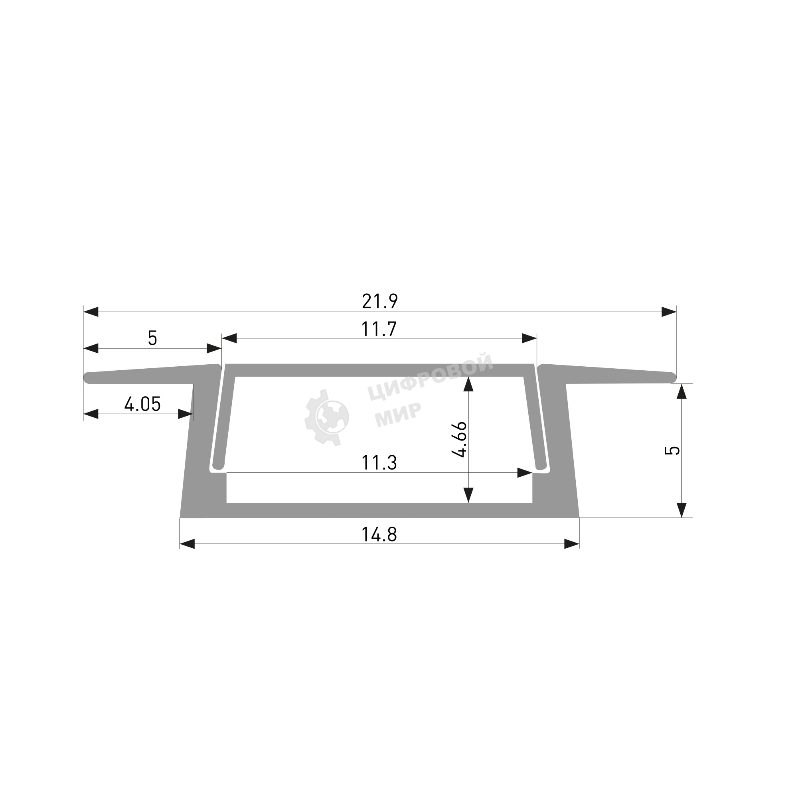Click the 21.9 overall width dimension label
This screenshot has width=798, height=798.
379,302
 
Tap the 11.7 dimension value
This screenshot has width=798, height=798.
379,329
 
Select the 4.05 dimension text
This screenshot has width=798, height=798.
142,404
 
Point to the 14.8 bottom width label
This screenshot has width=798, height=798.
379,535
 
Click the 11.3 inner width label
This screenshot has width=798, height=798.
379,463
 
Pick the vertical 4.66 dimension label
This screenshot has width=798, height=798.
460,439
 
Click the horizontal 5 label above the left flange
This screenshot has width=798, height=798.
152,338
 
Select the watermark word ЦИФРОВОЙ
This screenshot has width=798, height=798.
430,377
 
